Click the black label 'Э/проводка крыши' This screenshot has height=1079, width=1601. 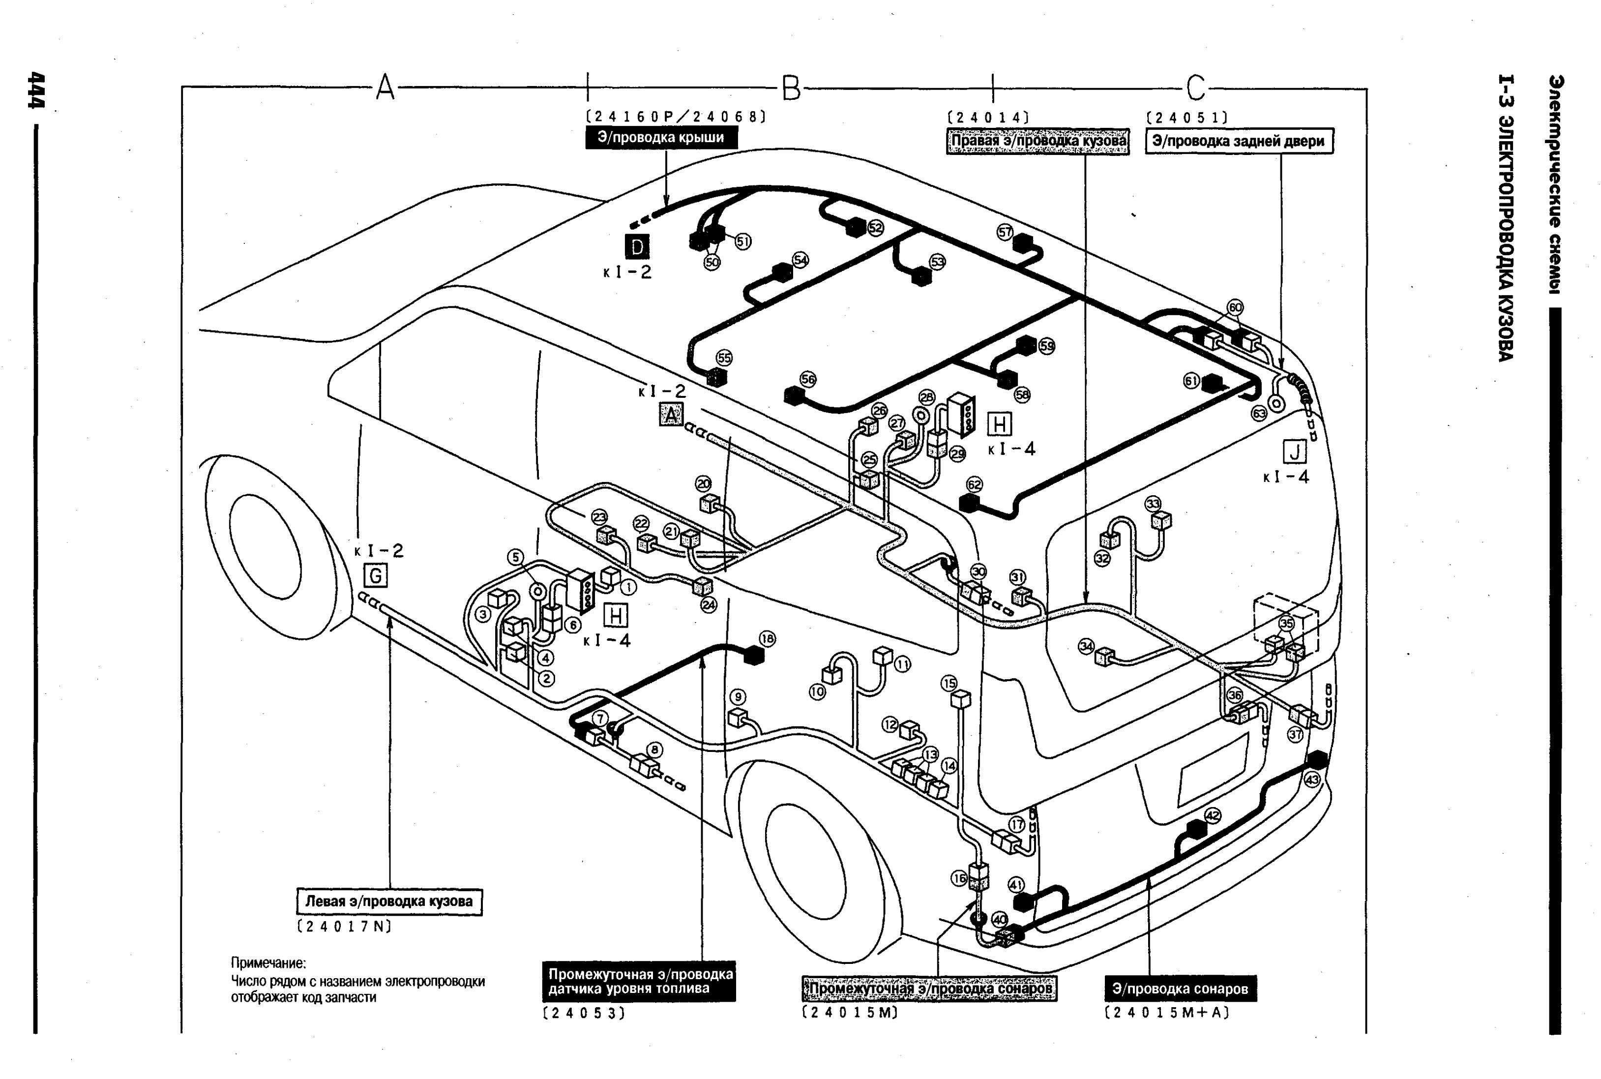[x=660, y=138]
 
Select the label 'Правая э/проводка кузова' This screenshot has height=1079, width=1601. [x=1038, y=142]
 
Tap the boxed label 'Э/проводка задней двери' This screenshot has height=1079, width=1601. [x=1239, y=142]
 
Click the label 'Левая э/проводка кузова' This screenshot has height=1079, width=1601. [x=389, y=901]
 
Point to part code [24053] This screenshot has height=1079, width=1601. [x=584, y=1013]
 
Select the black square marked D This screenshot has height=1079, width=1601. [x=637, y=246]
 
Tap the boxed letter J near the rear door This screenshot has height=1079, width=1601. [x=1294, y=452]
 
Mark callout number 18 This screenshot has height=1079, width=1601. [x=767, y=638]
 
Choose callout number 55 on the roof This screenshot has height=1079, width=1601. [x=724, y=358]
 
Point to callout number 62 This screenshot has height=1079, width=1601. [x=974, y=484]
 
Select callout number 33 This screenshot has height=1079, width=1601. [x=1153, y=504]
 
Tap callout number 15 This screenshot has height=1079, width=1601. [x=949, y=683]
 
